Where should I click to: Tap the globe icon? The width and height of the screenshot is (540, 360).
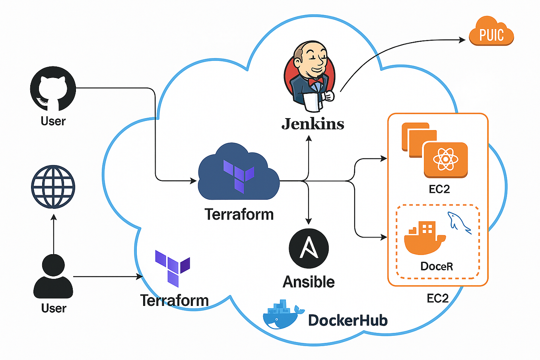point(53,187)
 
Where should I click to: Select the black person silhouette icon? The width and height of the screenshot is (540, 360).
point(53,277)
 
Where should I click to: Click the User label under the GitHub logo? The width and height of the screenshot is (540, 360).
point(53,121)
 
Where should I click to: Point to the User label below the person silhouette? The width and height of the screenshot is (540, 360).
point(54,308)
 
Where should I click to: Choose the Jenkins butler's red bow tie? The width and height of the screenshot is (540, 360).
point(315,82)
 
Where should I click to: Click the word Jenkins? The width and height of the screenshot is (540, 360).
point(313,124)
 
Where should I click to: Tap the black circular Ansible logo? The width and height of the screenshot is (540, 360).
point(309,249)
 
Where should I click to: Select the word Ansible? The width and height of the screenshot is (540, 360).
point(309,282)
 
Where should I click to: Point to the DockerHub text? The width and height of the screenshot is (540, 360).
point(348,320)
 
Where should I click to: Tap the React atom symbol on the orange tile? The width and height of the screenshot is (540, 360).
point(445,160)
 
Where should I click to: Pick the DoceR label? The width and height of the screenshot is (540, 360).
point(437,266)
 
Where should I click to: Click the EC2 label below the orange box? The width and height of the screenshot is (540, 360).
point(437,298)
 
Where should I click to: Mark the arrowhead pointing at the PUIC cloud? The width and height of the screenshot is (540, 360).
point(462,39)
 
